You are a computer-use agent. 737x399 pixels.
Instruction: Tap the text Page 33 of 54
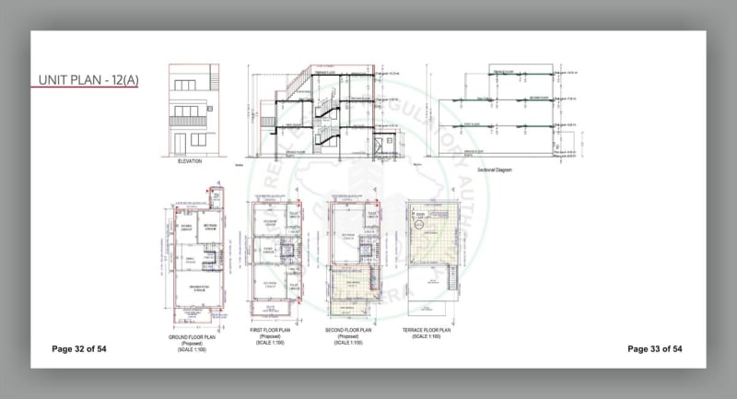click(654, 349)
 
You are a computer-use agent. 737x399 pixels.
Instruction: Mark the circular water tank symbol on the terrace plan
click(417, 222)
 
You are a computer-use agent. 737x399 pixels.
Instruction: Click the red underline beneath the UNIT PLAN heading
click(82, 88)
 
